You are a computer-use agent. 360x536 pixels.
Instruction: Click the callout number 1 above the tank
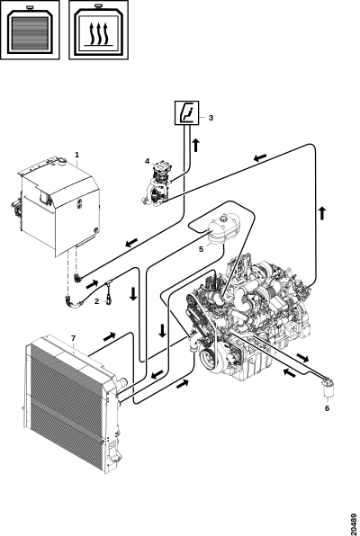coord(77,155)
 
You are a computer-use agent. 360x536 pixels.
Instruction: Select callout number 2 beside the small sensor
coord(97,301)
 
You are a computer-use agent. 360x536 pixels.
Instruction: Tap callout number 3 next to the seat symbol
coord(211,118)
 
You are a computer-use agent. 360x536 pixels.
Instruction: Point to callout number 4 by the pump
coord(147,161)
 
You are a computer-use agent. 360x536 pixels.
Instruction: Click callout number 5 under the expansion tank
coord(202,249)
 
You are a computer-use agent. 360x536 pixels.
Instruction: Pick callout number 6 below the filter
coord(327,407)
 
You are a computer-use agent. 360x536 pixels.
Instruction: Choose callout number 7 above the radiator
coord(73,338)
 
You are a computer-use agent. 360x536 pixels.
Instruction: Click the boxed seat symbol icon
coord(186,112)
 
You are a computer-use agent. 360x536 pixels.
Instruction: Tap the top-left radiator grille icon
coord(30,30)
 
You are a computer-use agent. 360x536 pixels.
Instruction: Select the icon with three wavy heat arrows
coord(99,30)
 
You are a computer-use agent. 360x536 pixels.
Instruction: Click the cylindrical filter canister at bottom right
coord(328,388)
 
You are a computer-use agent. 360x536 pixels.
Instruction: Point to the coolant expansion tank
coord(223,228)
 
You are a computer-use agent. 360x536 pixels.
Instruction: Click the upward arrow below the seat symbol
coord(195,145)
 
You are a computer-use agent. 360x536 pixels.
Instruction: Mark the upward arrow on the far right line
coord(322,213)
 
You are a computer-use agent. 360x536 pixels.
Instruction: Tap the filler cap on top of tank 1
coord(62,161)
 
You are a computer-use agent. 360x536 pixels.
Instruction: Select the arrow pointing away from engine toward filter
coord(302,358)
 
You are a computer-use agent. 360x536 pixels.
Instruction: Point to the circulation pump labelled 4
coord(158,183)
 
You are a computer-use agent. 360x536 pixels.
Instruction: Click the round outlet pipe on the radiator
coord(121,382)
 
